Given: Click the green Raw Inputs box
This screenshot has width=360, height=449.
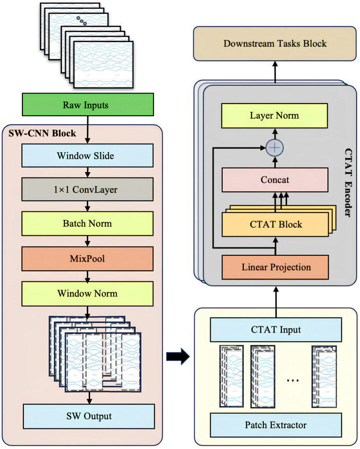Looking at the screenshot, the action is pos(88,105).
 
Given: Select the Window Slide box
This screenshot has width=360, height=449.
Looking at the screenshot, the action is pos(87,155).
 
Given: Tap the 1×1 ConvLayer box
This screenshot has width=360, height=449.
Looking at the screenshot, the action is pos(87,189).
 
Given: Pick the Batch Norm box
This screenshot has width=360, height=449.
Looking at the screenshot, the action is pos(87,224).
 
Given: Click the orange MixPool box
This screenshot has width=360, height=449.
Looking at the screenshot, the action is pos(87,259).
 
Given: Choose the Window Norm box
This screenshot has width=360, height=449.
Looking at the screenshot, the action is pos(87,294).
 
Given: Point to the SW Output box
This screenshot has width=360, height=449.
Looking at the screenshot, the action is pos(89,416).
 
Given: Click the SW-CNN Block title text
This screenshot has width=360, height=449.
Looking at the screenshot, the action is pos(42,133).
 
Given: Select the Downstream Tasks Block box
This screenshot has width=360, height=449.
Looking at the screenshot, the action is pos(275,43).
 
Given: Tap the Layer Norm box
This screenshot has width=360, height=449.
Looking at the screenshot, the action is pos(275,116).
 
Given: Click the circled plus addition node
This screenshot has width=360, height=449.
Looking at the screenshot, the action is pos(275,148).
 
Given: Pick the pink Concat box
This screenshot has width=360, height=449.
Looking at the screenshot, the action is pos(275,180).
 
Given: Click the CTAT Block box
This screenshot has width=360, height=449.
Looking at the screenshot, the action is pos(275,224).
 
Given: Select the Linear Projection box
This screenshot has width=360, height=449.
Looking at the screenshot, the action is pos(275,267).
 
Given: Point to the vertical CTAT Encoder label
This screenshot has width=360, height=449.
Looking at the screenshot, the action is pos(348,182).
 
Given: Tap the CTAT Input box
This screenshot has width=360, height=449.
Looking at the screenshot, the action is pos(276,330).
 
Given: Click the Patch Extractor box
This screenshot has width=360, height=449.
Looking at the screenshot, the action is pos(276,425).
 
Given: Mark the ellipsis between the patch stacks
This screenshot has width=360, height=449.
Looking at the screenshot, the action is pos(293,380).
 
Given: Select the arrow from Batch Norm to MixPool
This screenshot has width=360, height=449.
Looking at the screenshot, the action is pos(88,241).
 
